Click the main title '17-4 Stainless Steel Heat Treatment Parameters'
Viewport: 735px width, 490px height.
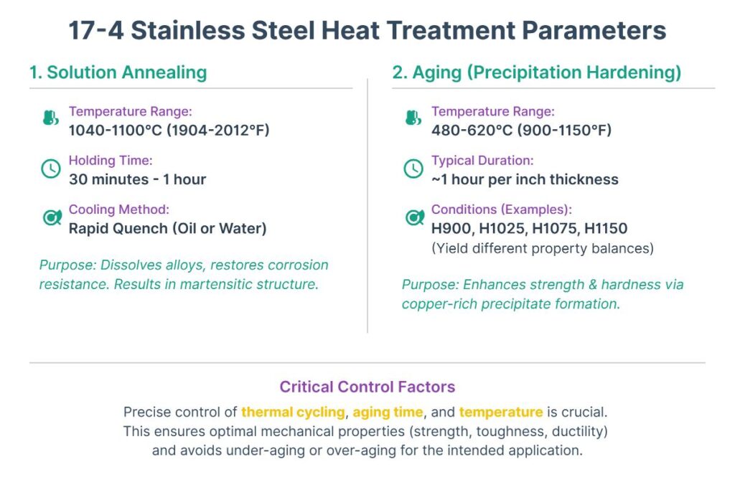tap(367, 30)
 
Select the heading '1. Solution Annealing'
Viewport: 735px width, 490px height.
tap(118, 72)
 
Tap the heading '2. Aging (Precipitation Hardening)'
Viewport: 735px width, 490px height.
tap(536, 72)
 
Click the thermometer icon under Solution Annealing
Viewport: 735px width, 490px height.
tap(51, 119)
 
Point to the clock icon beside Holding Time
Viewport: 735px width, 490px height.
tap(51, 169)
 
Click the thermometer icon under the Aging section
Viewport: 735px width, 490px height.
tap(413, 119)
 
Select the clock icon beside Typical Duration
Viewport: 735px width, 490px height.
tap(413, 169)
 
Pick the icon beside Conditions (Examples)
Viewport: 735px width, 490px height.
tap(414, 217)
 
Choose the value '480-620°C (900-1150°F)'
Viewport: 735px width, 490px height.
tap(521, 130)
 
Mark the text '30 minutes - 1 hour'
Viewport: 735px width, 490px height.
tap(137, 179)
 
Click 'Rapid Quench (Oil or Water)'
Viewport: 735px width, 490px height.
tap(167, 229)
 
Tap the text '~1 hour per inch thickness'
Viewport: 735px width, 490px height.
tap(525, 179)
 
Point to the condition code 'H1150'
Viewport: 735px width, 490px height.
tap(606, 229)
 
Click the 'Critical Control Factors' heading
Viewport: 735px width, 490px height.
tap(367, 387)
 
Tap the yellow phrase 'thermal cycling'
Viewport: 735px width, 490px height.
tap(293, 412)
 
